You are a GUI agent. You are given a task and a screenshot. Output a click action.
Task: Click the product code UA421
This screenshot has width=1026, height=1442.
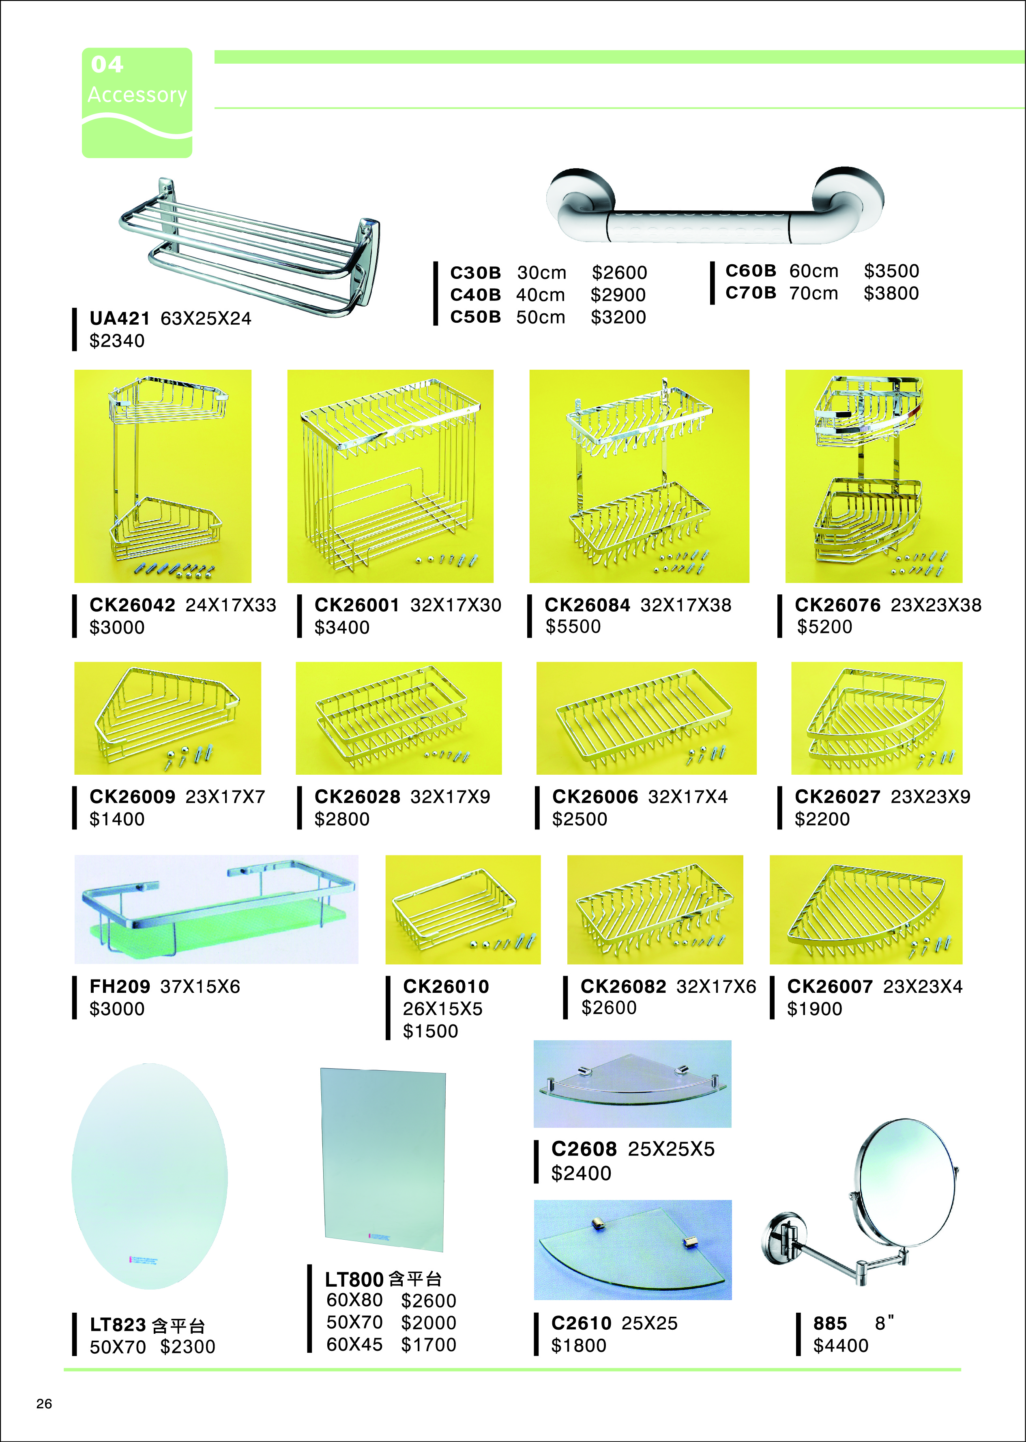coord(119,318)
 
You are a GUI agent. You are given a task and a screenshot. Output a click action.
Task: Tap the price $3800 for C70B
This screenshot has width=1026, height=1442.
coord(891,293)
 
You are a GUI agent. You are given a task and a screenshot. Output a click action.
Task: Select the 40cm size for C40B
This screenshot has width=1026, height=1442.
coord(540,295)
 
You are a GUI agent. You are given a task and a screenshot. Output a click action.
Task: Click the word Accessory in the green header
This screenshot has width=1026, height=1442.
coord(137,95)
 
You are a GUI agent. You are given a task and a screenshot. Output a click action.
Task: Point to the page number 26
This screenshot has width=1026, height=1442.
coord(44,1403)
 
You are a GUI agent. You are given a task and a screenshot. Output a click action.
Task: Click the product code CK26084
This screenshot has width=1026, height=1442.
coord(588,605)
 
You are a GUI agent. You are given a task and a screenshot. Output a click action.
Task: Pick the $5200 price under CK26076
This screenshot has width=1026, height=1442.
coord(824,627)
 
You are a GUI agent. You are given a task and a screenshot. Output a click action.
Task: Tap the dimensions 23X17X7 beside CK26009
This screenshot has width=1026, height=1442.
coord(225,797)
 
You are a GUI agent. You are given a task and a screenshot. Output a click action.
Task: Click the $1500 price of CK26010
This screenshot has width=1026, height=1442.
coord(430,1031)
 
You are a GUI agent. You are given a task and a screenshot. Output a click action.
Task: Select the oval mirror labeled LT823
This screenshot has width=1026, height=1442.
coord(150,1176)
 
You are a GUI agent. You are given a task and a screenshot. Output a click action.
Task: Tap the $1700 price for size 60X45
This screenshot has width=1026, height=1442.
coord(428,1344)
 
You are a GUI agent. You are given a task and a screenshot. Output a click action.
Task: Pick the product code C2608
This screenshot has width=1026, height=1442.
coord(584,1149)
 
